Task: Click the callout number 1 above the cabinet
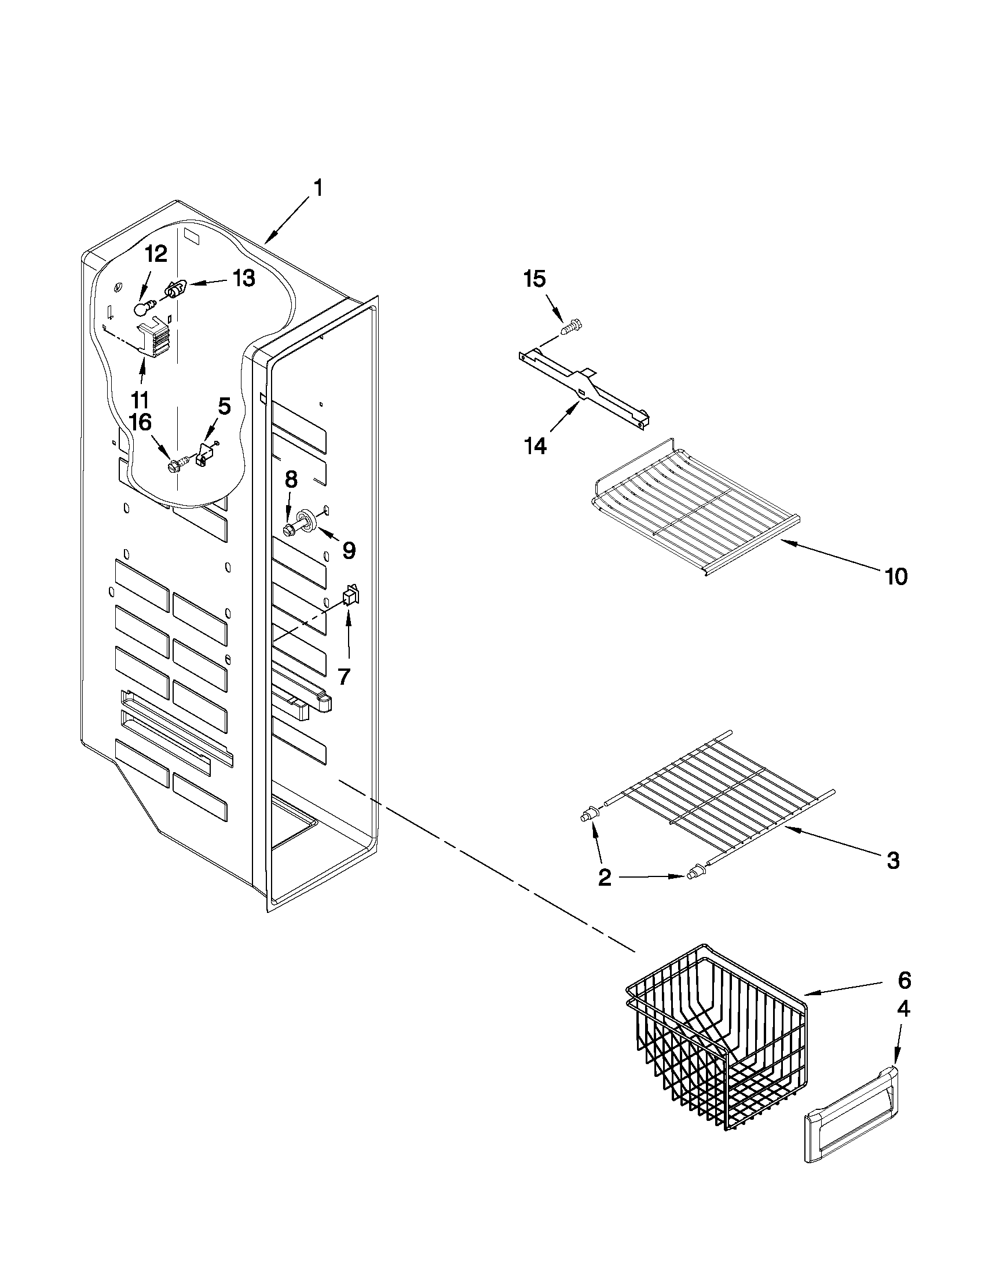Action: click(317, 188)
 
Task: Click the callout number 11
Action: click(140, 400)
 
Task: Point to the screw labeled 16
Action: click(175, 466)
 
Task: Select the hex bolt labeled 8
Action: click(290, 529)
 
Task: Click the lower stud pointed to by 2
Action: click(695, 890)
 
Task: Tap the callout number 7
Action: click(345, 676)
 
